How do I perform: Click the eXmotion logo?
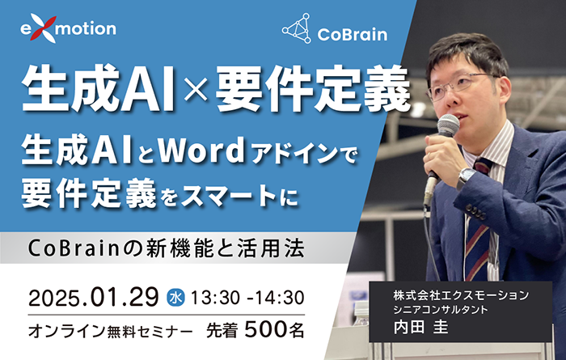[68, 28]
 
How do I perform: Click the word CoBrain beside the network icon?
[352, 34]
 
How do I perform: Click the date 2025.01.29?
[93, 297]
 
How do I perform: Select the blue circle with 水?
[175, 298]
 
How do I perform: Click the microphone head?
[447, 125]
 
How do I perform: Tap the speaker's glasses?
[459, 82]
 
